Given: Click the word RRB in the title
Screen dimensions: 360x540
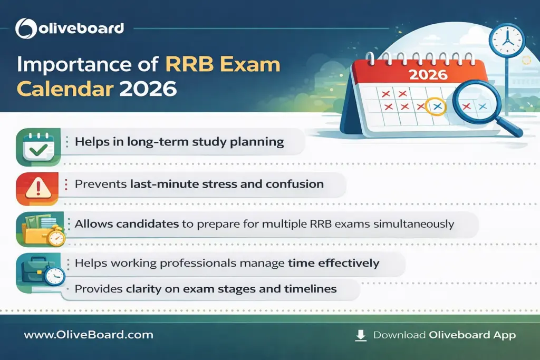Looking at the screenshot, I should click(x=191, y=65).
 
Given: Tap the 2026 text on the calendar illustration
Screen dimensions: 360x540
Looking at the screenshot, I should click(x=428, y=74).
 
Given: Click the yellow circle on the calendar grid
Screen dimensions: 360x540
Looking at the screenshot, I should click(x=436, y=106).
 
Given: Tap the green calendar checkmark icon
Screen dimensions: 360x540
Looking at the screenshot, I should click(x=38, y=146).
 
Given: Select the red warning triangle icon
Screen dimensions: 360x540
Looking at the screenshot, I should click(x=38, y=187).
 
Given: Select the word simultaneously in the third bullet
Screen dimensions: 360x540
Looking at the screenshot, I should click(x=413, y=223).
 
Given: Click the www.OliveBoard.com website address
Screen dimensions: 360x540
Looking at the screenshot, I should click(x=89, y=335).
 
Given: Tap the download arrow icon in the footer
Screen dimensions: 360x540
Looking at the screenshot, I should click(x=361, y=335).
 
